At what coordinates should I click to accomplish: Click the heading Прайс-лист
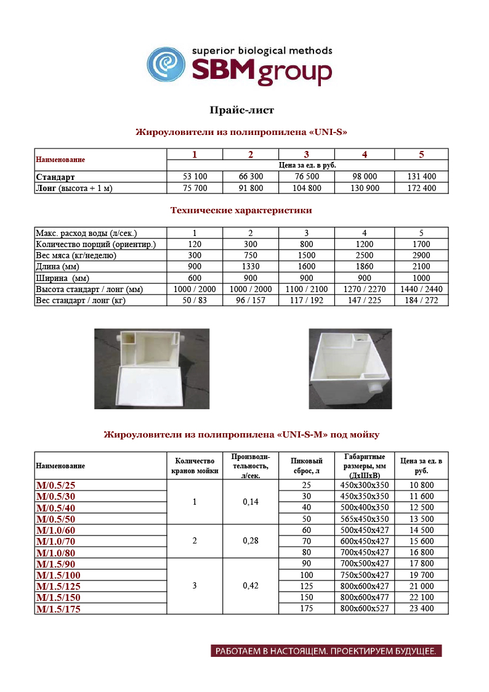[x=241, y=110]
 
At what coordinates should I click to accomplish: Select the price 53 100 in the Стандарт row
[x=195, y=177]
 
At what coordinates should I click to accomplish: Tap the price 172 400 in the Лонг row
[x=421, y=188]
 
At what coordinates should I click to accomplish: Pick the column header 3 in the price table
[x=306, y=154]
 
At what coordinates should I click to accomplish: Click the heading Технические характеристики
[x=241, y=211]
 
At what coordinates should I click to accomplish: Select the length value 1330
[x=251, y=266]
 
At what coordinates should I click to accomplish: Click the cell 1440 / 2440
[x=421, y=289]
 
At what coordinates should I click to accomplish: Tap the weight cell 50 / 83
[x=195, y=300]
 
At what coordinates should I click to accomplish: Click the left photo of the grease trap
[x=152, y=368]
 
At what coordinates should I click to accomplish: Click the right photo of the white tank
[x=350, y=368]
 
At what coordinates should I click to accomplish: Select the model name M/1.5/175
[x=59, y=609]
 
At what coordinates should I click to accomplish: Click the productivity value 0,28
[x=251, y=541]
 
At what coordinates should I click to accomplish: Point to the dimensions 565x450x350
[x=365, y=519]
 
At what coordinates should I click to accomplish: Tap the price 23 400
[x=421, y=609]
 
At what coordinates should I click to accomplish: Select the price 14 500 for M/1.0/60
[x=421, y=530]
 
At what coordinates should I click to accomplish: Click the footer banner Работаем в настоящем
[x=326, y=651]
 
